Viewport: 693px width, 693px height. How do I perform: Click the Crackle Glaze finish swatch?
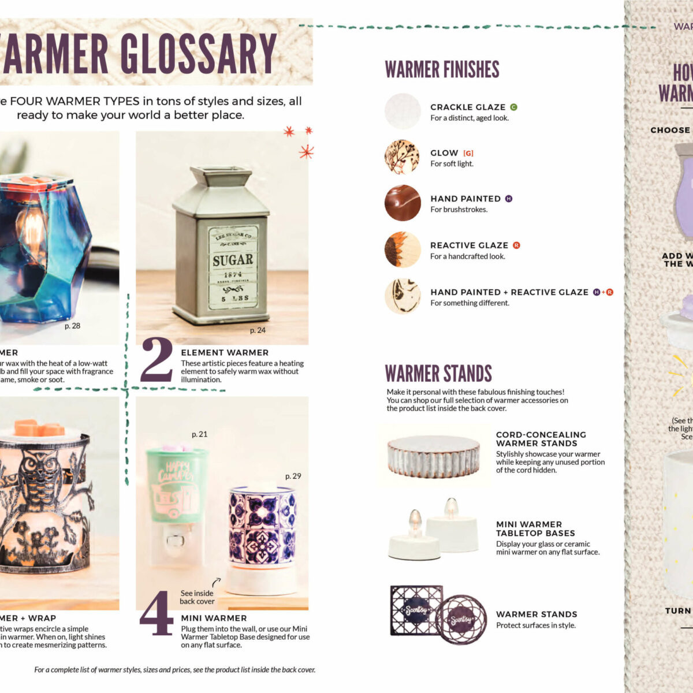pyautogui.click(x=403, y=111)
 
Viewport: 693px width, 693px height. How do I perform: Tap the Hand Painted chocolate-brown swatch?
pyautogui.click(x=403, y=203)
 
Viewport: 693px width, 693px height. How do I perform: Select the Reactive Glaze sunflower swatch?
pyautogui.click(x=403, y=249)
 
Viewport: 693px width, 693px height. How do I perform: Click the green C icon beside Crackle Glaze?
pyautogui.click(x=513, y=107)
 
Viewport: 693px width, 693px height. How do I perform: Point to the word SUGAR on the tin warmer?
pyautogui.click(x=233, y=260)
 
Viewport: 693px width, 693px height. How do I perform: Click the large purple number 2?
pyautogui.click(x=157, y=360)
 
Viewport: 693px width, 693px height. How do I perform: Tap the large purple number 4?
pyautogui.click(x=157, y=613)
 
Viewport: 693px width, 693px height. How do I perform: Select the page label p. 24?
pyautogui.click(x=258, y=330)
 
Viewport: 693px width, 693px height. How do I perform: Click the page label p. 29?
pyautogui.click(x=293, y=476)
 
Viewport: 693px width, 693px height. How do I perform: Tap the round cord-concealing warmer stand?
pyautogui.click(x=434, y=456)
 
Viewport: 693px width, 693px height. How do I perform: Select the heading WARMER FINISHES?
pyautogui.click(x=442, y=70)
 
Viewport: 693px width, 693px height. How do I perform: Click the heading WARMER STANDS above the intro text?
pyautogui.click(x=438, y=374)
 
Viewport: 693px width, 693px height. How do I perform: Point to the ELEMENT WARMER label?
pyautogui.click(x=225, y=352)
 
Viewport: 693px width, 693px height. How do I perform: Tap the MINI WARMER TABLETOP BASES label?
pyautogui.click(x=535, y=528)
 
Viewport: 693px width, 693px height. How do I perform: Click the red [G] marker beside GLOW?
pyautogui.click(x=468, y=153)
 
